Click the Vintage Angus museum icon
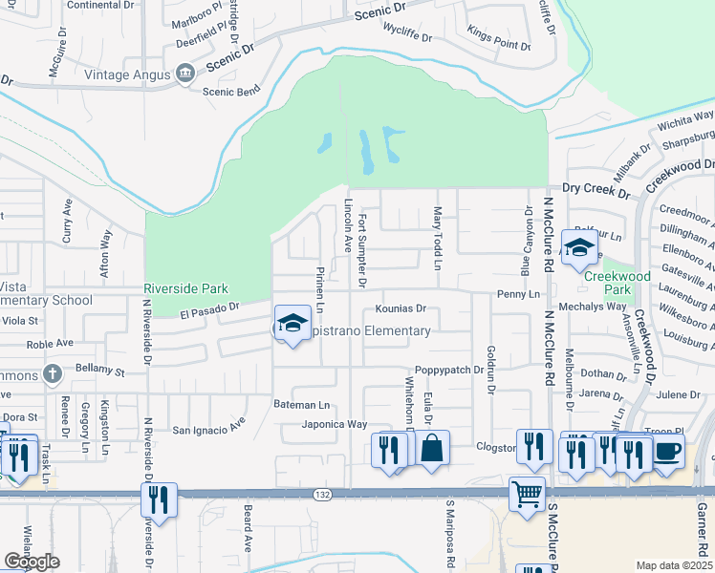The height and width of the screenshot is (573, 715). coord(185,74)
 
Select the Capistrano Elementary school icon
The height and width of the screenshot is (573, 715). coord(292,321)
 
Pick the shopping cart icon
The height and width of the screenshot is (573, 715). coord(526,494)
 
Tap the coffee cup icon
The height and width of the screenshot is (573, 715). coord(668,448)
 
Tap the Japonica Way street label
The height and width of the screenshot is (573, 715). coord(335,424)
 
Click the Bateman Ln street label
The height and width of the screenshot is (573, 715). coord(301,405)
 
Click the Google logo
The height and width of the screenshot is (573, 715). coord(32,562)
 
